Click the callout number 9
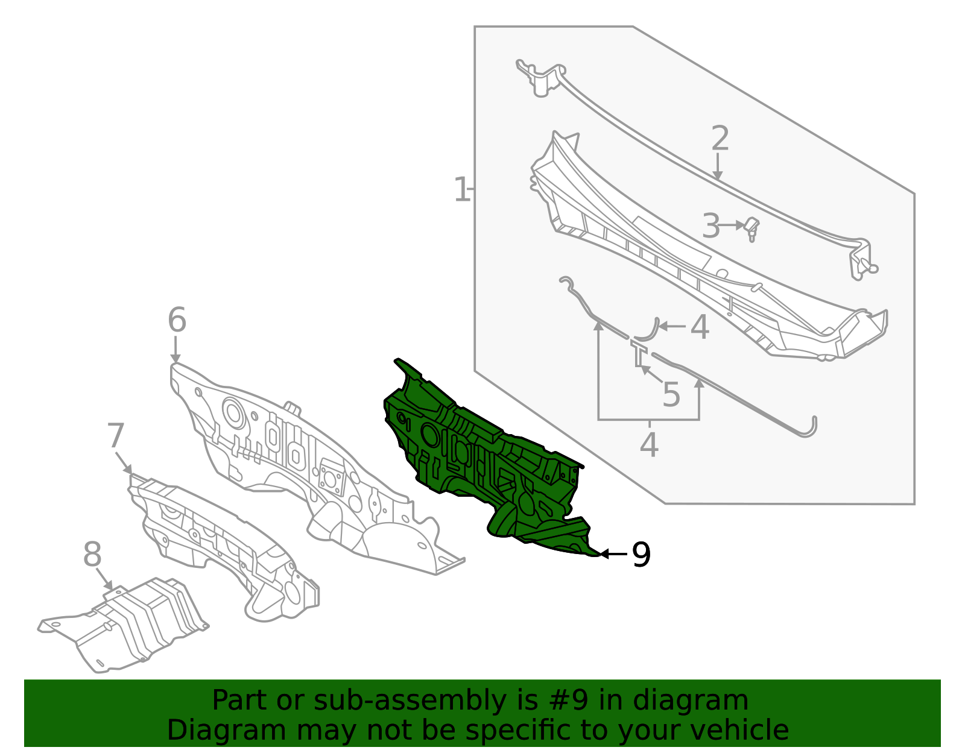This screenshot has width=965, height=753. pos(641,555)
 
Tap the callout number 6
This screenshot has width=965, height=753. pos(177,320)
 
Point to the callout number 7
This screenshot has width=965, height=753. pos(115,436)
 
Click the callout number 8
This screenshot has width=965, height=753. pos(92,555)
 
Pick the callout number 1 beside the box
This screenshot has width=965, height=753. pos(461,190)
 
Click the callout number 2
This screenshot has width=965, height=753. pos(720,139)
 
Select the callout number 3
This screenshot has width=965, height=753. pos(711,227)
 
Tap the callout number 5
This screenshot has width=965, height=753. pos(671,395)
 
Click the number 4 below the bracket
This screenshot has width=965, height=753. pos(648,446)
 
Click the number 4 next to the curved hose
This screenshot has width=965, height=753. pos(699,328)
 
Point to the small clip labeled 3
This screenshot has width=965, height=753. pos(751,228)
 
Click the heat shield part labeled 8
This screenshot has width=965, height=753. pos(133,624)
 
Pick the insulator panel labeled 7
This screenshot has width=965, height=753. pos(223,543)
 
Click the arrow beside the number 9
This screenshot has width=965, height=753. pos(612,553)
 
